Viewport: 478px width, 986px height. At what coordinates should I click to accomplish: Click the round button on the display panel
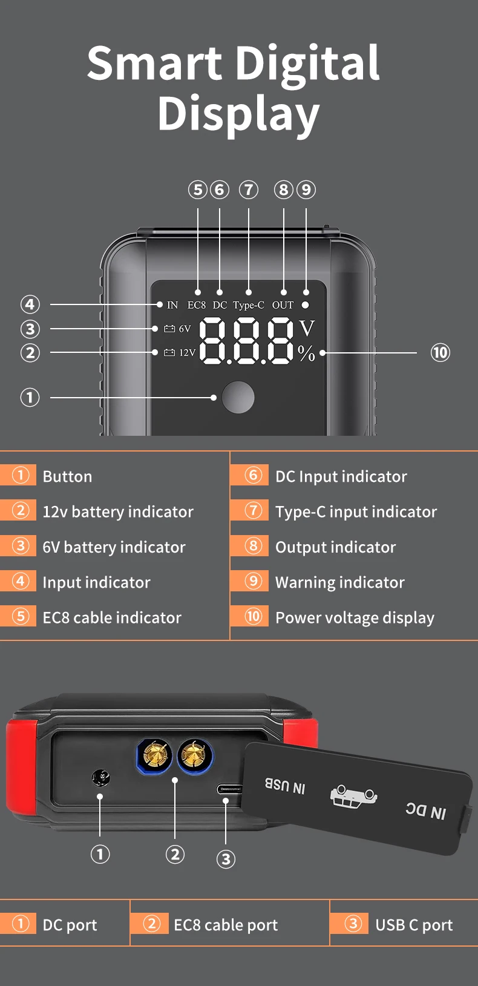click(238, 397)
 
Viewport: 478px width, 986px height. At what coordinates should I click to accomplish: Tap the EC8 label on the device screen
click(196, 305)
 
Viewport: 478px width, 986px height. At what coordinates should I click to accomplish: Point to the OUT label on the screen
click(283, 305)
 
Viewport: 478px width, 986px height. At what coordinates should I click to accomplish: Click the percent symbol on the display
click(306, 353)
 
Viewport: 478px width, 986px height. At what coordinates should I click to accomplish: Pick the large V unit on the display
click(307, 328)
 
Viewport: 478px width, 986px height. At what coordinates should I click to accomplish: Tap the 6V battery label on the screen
click(177, 329)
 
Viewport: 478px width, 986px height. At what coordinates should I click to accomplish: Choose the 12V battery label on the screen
click(180, 353)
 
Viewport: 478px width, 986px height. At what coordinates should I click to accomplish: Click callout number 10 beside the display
click(440, 353)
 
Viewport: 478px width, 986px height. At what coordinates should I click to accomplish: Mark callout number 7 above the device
click(249, 189)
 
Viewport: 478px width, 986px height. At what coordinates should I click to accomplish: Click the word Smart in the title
click(154, 63)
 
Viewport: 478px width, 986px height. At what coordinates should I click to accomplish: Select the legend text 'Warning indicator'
click(340, 582)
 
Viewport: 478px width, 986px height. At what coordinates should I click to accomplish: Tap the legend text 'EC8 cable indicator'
click(112, 617)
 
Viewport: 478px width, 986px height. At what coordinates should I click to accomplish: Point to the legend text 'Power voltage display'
click(355, 618)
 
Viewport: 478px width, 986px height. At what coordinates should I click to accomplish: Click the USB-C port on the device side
click(229, 789)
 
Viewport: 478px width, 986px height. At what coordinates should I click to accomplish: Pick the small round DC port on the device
click(101, 778)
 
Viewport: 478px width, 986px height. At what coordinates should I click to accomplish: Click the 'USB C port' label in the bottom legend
click(414, 925)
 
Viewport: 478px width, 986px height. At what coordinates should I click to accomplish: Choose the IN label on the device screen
click(172, 305)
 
